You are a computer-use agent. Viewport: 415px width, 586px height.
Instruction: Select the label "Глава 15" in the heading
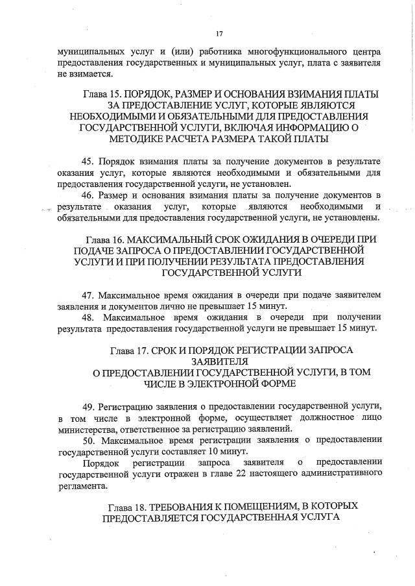[x=102, y=94]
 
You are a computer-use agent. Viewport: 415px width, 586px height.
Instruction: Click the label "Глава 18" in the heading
[x=128, y=505]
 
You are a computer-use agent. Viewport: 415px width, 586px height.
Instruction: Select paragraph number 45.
[x=88, y=160]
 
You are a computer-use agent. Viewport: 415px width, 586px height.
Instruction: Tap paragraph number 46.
[x=88, y=195]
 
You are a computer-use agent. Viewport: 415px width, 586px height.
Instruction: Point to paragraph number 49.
[x=88, y=406]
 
